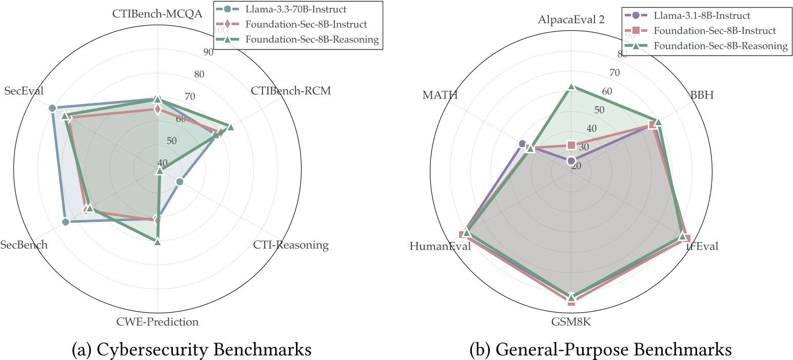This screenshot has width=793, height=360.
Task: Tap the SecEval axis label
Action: click(x=24, y=91)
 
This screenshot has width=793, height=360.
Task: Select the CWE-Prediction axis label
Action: click(x=157, y=322)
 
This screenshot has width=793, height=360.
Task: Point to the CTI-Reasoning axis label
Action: click(x=291, y=245)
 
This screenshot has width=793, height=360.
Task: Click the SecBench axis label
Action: click(x=24, y=245)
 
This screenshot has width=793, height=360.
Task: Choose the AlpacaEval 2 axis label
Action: click(x=571, y=20)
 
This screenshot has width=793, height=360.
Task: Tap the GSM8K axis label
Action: click(x=571, y=322)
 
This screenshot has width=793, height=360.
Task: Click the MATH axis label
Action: click(x=440, y=95)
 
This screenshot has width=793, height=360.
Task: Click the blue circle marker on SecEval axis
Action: click(x=52, y=108)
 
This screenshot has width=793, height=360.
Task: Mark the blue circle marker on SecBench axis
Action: click(x=66, y=222)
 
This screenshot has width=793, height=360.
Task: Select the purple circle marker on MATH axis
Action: click(x=523, y=143)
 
